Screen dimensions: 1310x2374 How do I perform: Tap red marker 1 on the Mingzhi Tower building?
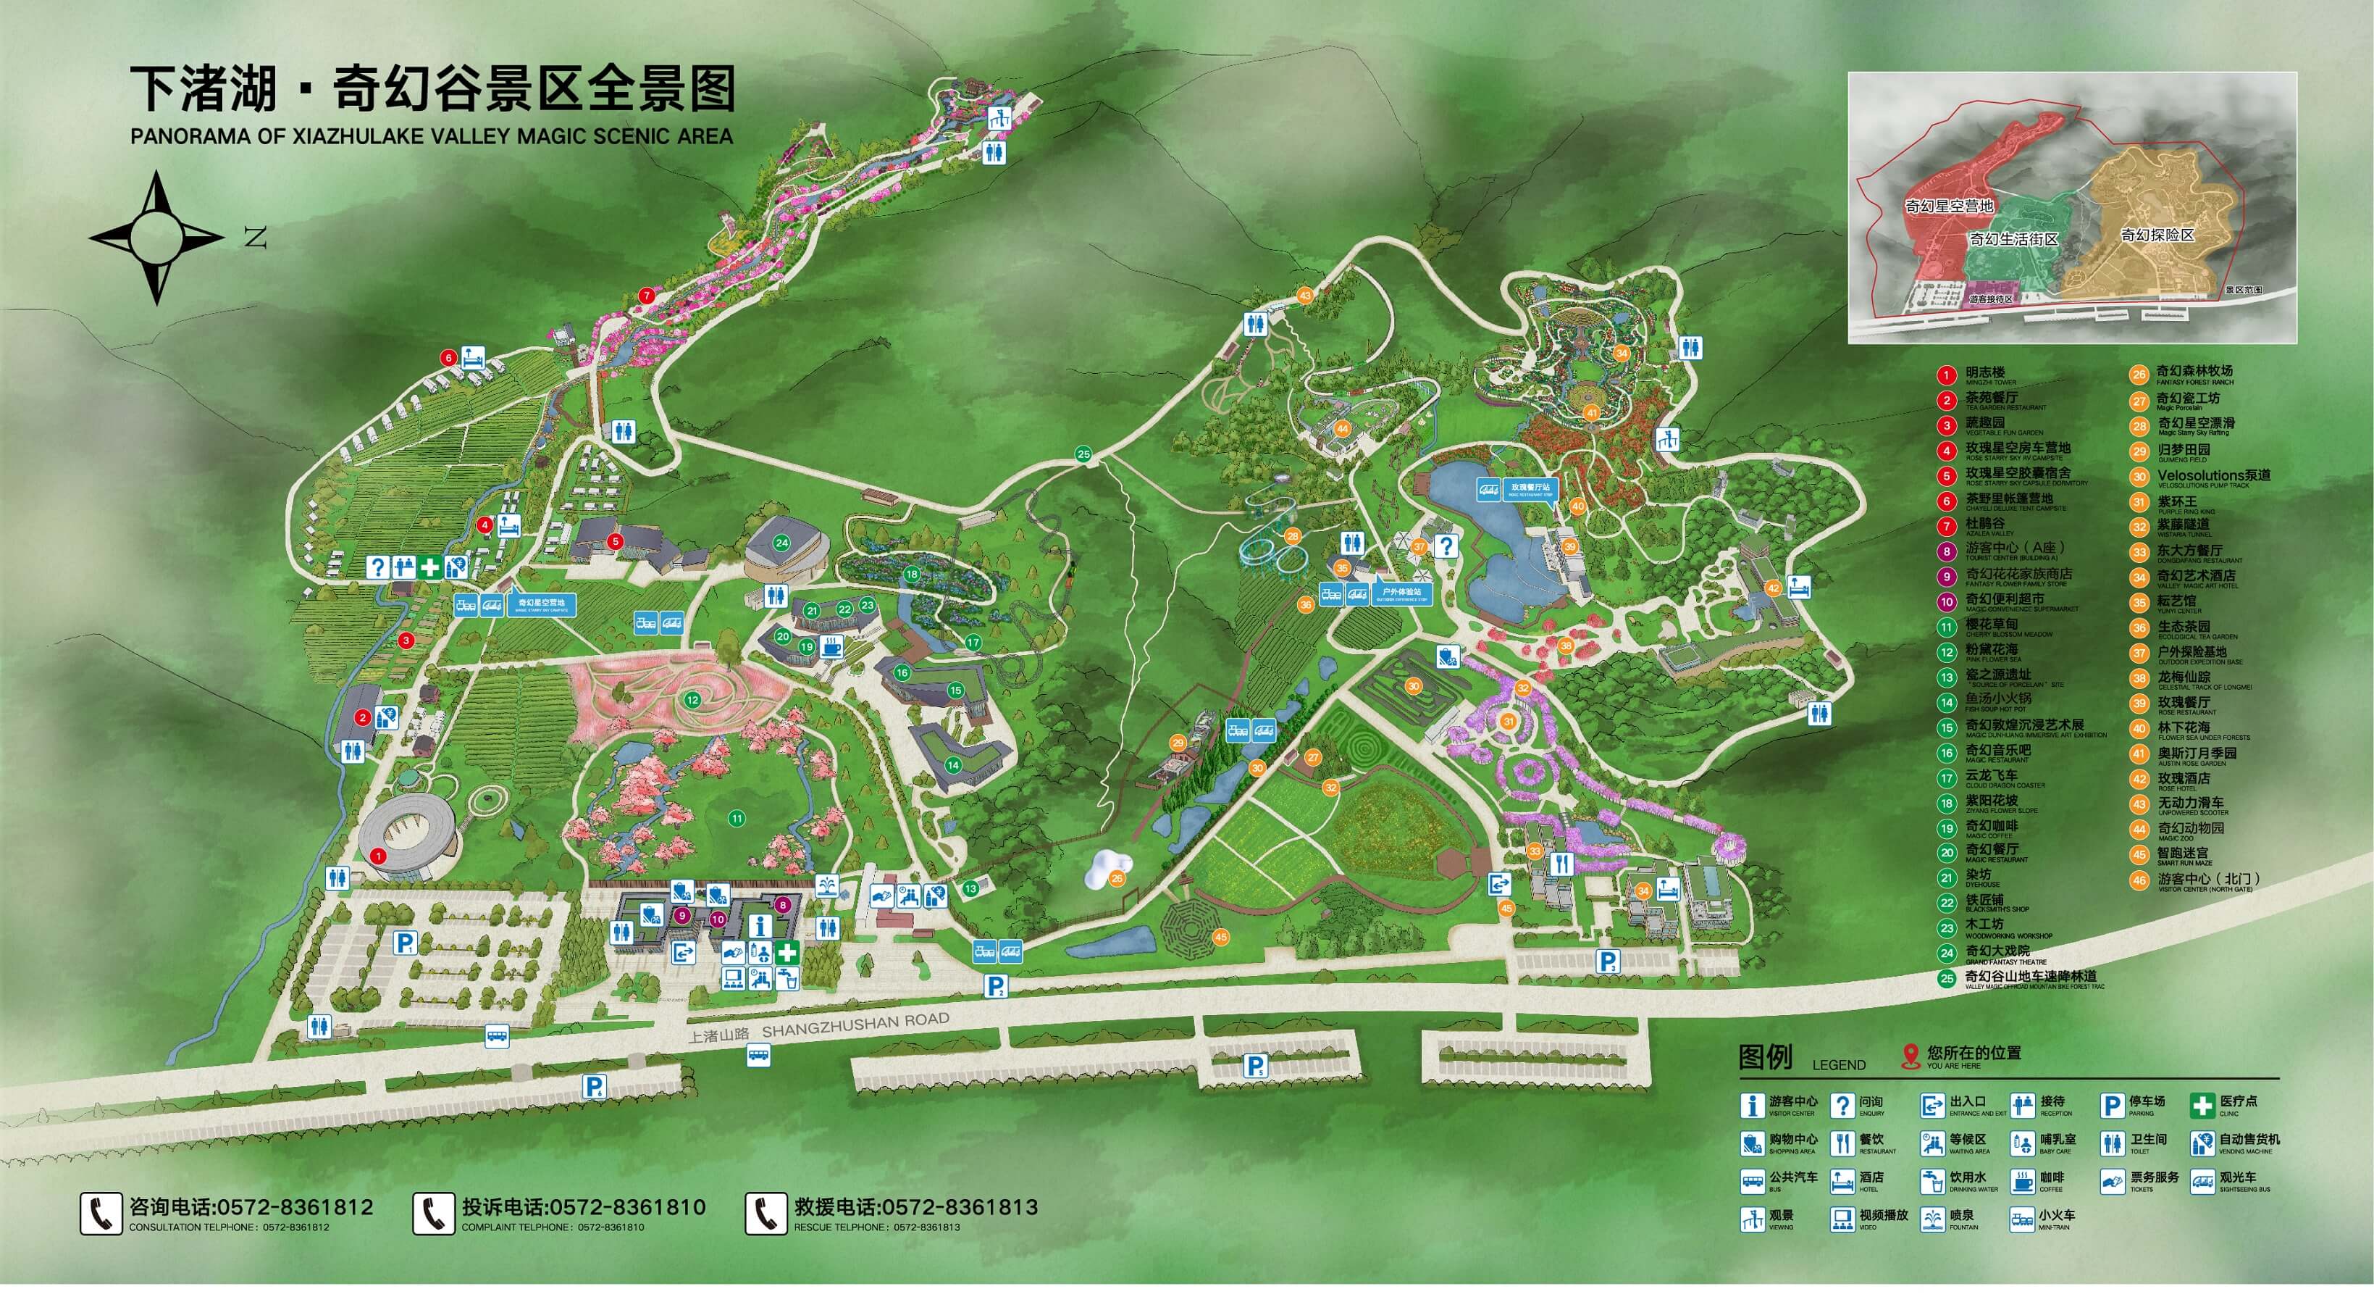(378, 856)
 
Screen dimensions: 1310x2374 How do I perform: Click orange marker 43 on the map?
(1304, 295)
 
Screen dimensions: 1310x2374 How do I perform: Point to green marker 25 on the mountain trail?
(1083, 454)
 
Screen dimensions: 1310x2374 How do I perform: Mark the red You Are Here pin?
(1910, 1056)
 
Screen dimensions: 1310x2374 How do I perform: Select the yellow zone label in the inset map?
(2157, 235)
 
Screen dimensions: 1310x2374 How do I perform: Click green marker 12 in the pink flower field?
(692, 700)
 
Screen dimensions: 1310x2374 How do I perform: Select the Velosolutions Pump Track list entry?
(2212, 477)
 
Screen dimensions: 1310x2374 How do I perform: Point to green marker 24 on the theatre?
(781, 543)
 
